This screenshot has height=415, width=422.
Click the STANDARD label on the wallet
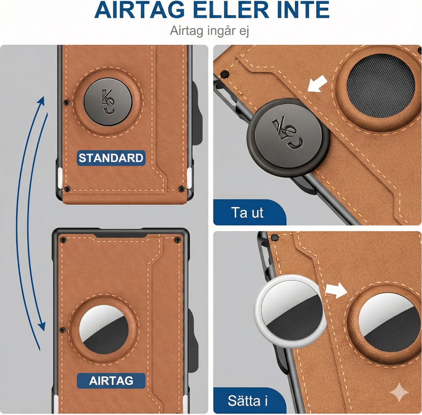(x=111, y=158)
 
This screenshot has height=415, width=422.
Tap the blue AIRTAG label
(x=111, y=381)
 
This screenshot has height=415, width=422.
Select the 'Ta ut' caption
(x=247, y=213)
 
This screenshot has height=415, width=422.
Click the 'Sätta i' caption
(x=247, y=401)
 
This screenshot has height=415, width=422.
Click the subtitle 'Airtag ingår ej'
(x=209, y=31)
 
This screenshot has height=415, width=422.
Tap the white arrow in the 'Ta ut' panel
(x=317, y=84)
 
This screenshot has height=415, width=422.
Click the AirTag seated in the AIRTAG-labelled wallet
(x=104, y=330)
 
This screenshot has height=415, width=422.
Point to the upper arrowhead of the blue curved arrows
(x=42, y=101)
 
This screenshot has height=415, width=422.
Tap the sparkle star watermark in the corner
(x=399, y=393)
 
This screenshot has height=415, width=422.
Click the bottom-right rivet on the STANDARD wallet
(x=181, y=189)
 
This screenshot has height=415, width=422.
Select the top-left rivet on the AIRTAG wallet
(x=63, y=240)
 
